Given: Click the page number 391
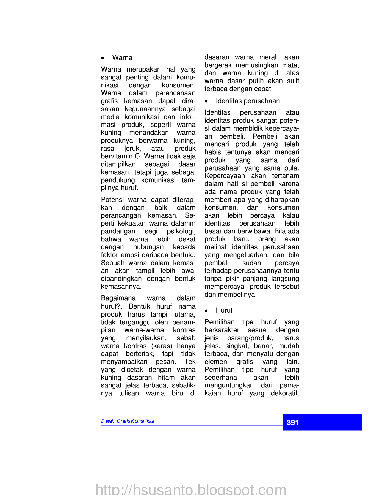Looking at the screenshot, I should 292,422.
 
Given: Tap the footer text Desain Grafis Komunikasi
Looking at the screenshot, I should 128,421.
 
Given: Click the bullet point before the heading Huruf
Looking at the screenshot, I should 206,311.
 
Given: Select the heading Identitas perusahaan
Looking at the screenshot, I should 248,101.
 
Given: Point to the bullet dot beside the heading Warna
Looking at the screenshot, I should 103,58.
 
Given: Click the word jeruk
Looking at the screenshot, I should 132,148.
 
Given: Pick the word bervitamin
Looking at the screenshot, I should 117,156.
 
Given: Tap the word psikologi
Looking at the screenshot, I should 181,231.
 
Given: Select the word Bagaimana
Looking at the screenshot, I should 118,298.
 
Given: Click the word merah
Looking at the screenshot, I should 269,57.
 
